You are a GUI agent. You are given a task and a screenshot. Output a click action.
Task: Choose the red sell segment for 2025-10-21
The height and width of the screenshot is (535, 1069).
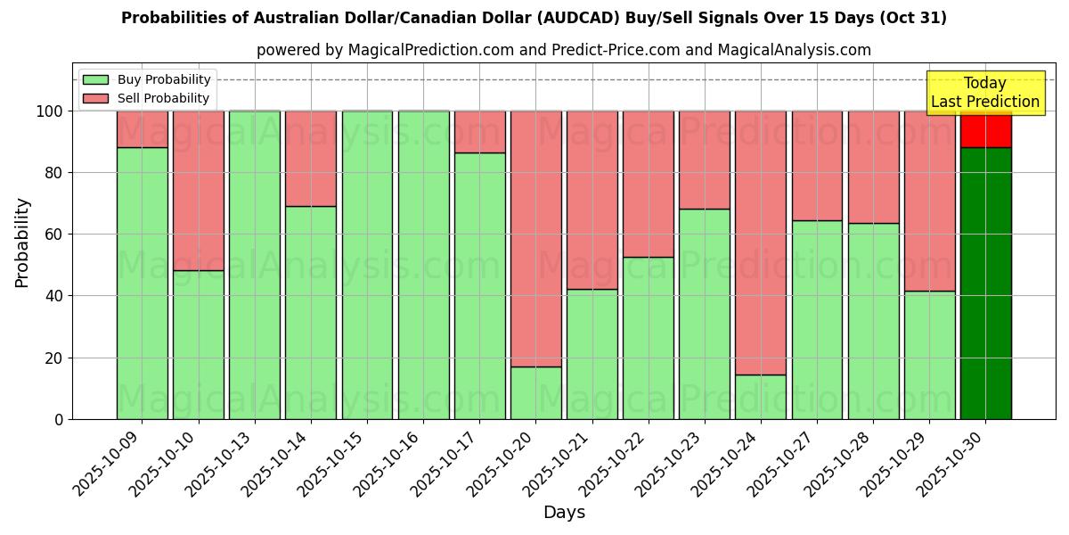pos(592,200)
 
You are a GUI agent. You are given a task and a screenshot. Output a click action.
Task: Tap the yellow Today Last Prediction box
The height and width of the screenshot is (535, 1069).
pos(984,93)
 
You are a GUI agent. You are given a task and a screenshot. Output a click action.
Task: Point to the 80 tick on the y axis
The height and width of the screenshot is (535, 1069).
pos(54,173)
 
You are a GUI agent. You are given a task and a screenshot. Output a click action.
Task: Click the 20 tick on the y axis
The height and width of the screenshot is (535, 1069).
pos(54,358)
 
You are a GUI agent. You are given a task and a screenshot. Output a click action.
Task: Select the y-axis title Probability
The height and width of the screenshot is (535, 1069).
pos(22,242)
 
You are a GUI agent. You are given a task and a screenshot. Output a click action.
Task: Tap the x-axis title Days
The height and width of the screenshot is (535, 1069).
pos(564,513)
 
